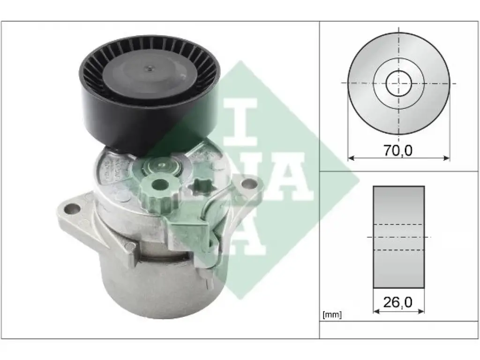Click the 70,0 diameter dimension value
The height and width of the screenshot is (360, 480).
point(397,150)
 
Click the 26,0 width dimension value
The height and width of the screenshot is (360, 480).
point(397,302)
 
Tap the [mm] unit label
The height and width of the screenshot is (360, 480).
point(332,315)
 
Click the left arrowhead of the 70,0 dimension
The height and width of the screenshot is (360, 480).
point(351,158)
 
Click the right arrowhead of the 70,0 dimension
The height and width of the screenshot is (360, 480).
point(447,158)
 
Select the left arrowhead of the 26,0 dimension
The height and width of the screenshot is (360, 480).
point(376,311)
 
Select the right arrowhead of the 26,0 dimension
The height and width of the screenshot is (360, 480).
point(421,311)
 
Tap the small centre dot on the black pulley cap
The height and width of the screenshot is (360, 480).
point(150,68)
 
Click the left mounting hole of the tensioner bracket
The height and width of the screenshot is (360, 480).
point(72,210)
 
